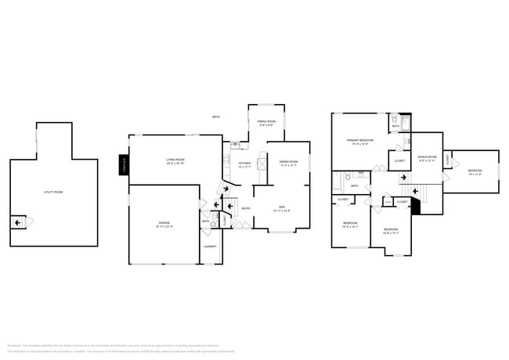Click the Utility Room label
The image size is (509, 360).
click(x=53, y=192)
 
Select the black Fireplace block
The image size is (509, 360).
click(x=123, y=165)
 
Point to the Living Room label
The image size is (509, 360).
click(x=175, y=161)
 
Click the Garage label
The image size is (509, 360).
click(x=164, y=225)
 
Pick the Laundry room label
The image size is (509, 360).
click(x=210, y=247)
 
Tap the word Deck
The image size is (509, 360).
click(x=215, y=117)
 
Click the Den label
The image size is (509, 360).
click(x=282, y=208)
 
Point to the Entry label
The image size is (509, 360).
click(x=246, y=208)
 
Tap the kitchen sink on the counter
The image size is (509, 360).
click(x=235, y=145)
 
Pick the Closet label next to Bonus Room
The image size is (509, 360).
click(x=399, y=161)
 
